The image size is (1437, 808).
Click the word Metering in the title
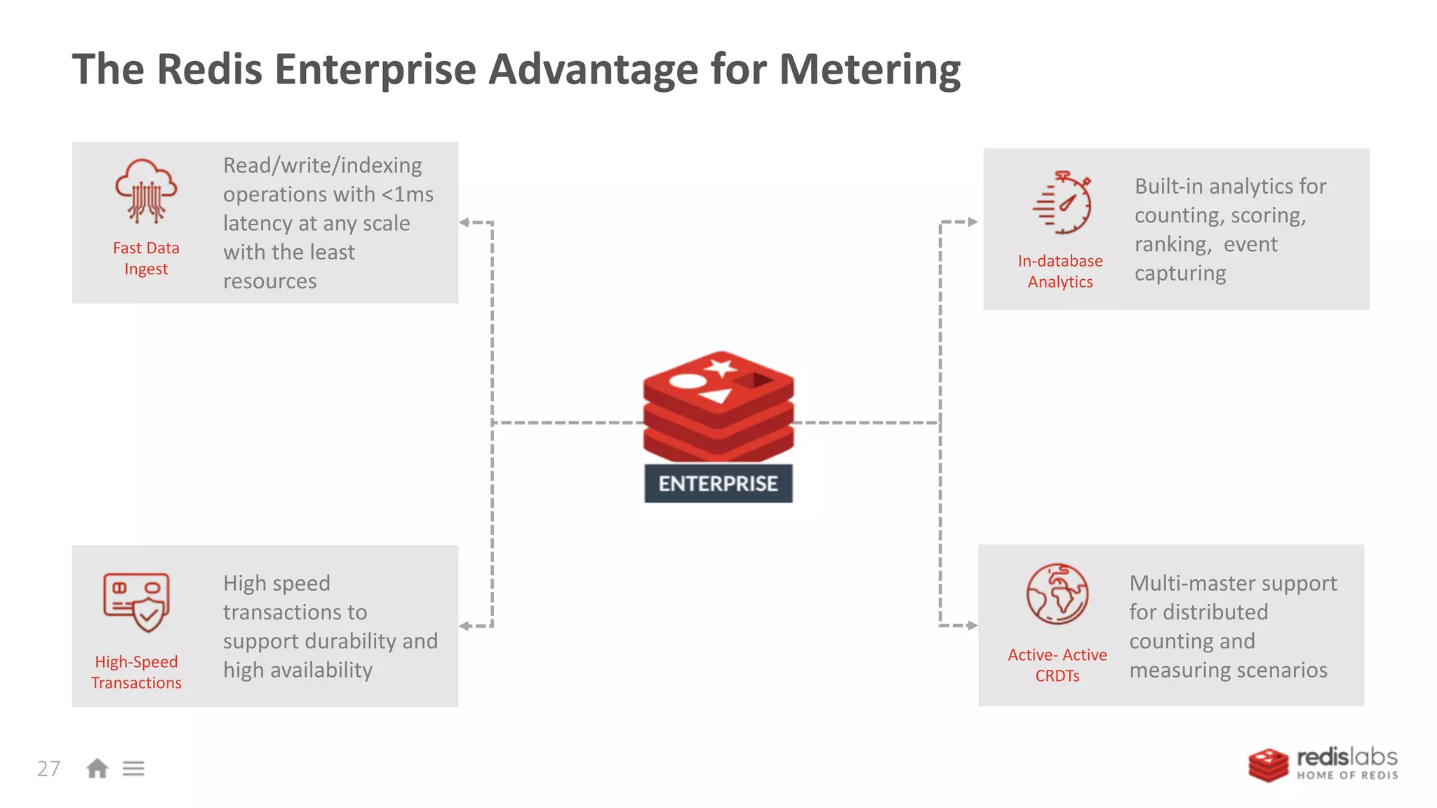coord(869,70)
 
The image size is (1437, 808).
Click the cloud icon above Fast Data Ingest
coord(146,190)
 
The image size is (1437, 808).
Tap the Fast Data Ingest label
coord(146,258)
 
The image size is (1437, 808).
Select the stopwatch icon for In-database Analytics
coord(1062,203)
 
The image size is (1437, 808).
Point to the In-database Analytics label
coord(1060,271)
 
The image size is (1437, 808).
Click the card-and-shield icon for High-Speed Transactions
coord(137,602)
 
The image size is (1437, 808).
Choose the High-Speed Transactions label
coord(136,672)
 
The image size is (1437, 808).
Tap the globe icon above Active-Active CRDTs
coord(1057,593)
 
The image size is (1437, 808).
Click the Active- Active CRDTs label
coord(1057,665)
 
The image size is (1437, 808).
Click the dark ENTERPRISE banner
coord(718,483)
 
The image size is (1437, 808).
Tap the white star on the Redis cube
coord(721,367)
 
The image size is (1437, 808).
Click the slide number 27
coord(48,769)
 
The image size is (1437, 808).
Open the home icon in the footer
coord(97,769)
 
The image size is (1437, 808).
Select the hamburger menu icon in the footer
coord(133,769)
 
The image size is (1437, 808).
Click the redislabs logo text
coord(1346,758)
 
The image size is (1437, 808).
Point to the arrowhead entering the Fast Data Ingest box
coord(464,222)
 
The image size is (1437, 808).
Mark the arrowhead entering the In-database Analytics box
coord(973,222)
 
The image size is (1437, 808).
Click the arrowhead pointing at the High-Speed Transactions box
coord(464,626)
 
